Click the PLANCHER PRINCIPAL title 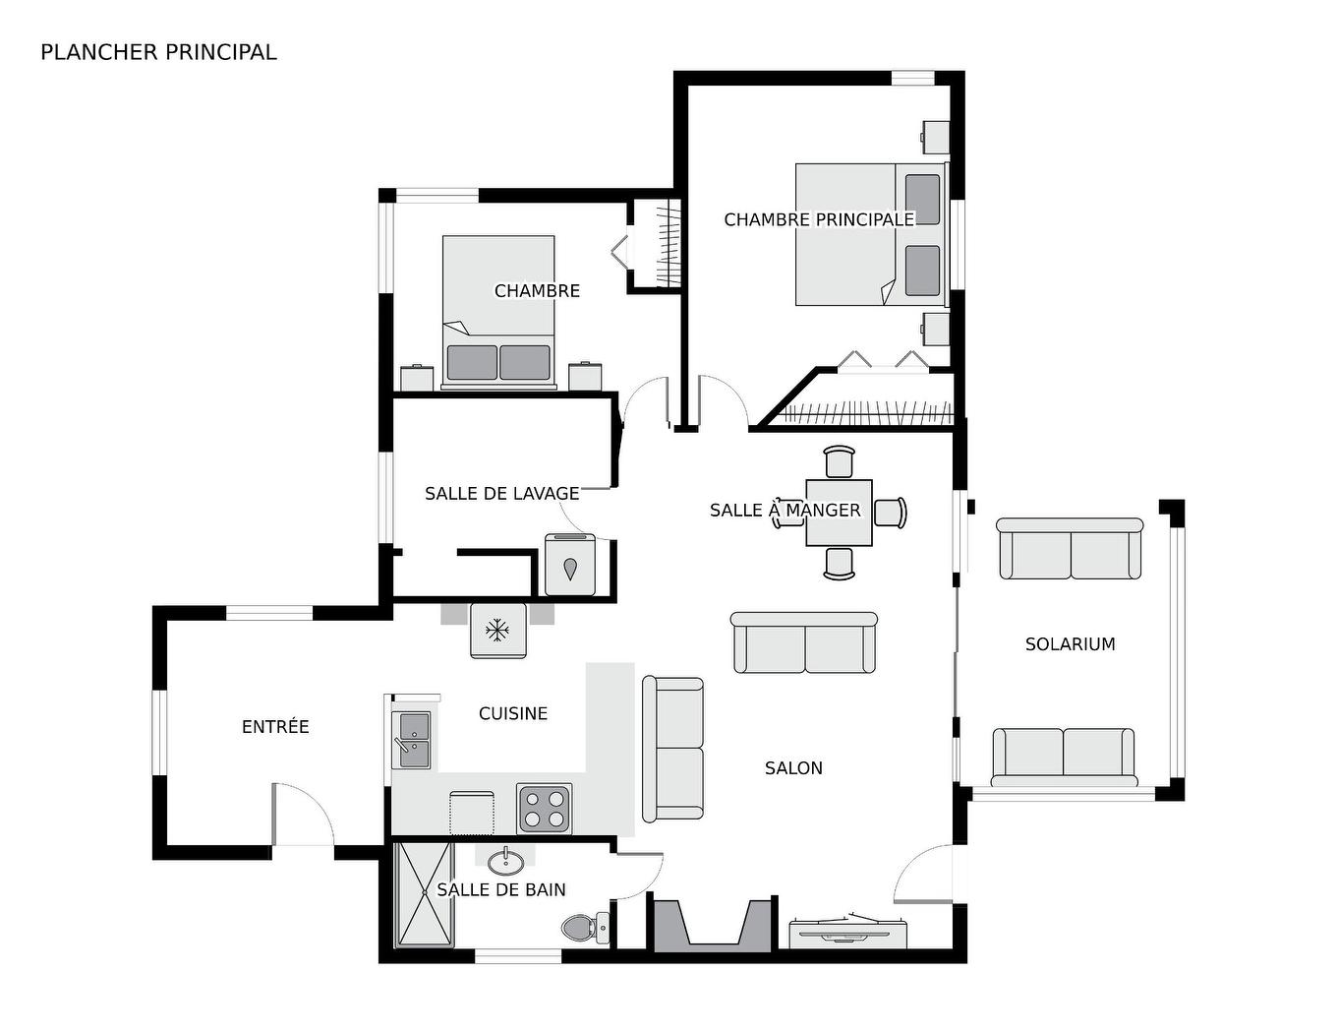(x=158, y=52)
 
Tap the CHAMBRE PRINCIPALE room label (x=818, y=219)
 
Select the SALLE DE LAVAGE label (x=501, y=493)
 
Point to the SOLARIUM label (x=1070, y=644)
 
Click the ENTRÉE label (x=275, y=727)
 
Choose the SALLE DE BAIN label (x=501, y=889)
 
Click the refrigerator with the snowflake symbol (x=498, y=631)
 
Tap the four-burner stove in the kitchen (x=545, y=809)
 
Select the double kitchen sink (x=412, y=740)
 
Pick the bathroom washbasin (x=505, y=863)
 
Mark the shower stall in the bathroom (x=425, y=894)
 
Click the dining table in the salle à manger (x=839, y=513)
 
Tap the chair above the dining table (x=840, y=461)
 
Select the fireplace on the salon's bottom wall (x=714, y=926)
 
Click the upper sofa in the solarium (x=1070, y=549)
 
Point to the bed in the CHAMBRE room (x=498, y=310)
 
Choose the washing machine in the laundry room (x=570, y=567)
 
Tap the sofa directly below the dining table (x=804, y=643)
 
